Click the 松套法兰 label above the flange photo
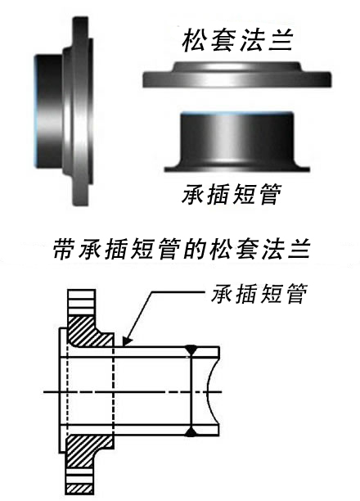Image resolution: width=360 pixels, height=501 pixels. [x=237, y=40]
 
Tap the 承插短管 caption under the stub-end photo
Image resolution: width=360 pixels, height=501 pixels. [x=232, y=195]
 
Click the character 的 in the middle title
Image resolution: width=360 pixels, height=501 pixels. [x=195, y=249]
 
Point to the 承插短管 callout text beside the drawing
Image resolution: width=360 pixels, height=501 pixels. [x=259, y=294]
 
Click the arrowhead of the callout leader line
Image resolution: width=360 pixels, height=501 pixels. [x=126, y=341]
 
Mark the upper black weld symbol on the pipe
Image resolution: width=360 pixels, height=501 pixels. [x=191, y=350]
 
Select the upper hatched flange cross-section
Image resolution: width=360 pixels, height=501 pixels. [x=89, y=331]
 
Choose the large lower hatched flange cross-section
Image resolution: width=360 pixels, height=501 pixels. [x=86, y=450]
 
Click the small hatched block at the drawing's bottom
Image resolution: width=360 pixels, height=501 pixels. [x=79, y=489]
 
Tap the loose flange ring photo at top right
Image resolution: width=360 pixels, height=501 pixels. [x=236, y=74]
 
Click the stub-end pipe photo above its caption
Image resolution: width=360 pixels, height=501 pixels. [x=236, y=142]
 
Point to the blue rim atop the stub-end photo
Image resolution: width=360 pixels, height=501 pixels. [x=236, y=114]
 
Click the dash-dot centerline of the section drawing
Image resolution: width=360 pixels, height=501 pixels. [x=133, y=392]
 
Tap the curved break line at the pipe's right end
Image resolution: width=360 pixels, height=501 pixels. [x=208, y=392]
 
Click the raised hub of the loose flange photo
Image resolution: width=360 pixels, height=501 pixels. [x=236, y=67]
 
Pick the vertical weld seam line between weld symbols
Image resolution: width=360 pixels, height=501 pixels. [x=191, y=391]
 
